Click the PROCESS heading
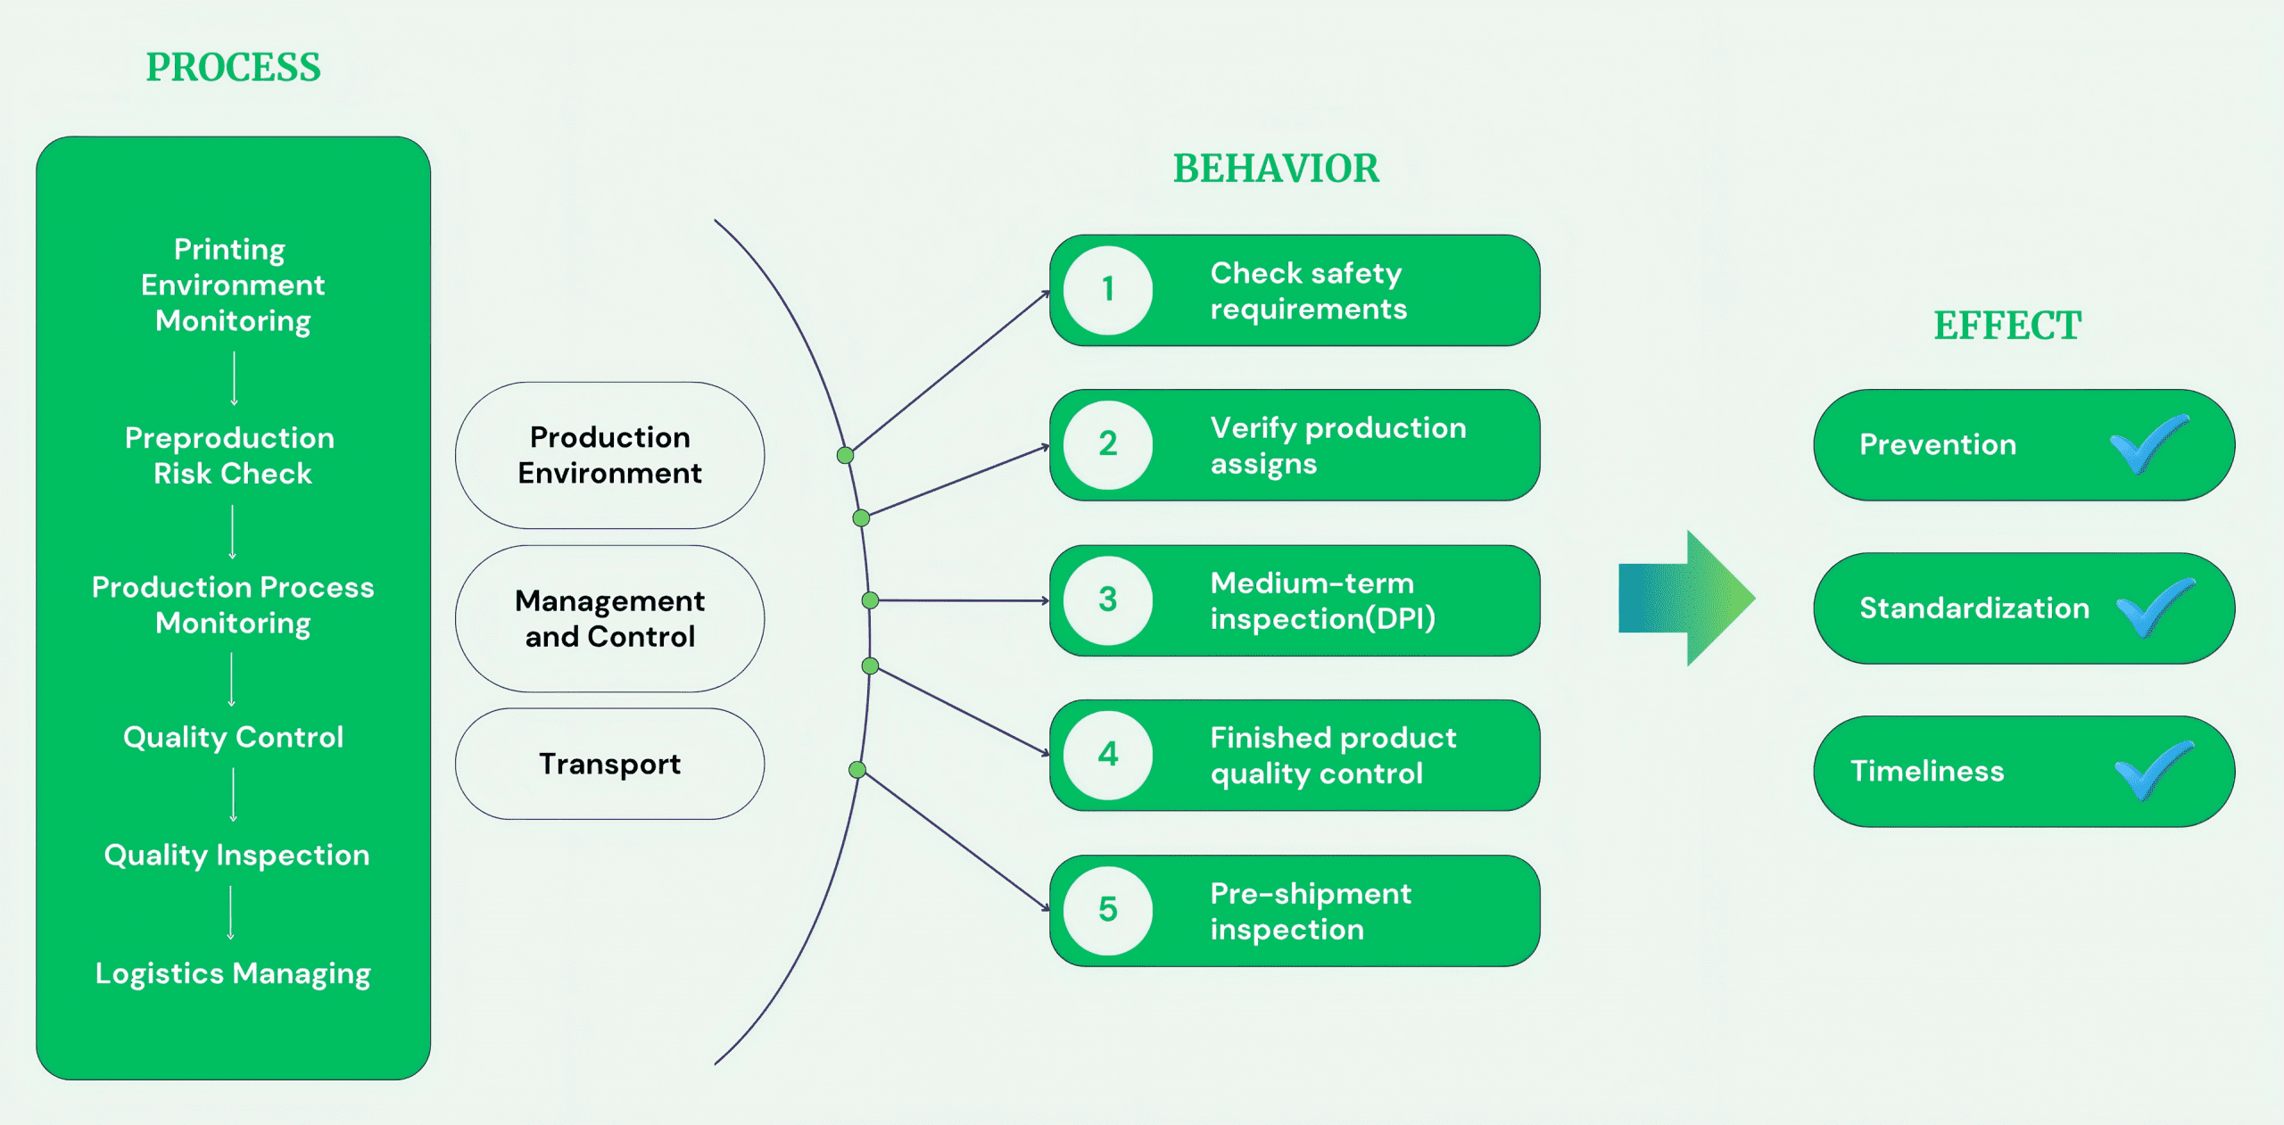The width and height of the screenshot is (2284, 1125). click(233, 68)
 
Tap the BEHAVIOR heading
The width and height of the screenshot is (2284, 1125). click(1276, 169)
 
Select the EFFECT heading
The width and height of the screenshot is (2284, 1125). click(2007, 326)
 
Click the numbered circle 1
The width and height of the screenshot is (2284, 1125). click(1108, 290)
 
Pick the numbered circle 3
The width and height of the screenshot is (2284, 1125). click(1108, 600)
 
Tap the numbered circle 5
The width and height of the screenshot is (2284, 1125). click(1108, 910)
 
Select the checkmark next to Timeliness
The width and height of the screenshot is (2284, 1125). click(2154, 770)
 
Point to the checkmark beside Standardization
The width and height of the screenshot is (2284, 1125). click(2155, 607)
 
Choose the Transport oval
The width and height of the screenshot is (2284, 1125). click(609, 764)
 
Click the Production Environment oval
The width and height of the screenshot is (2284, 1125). click(609, 455)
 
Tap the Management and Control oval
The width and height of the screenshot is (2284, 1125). click(609, 618)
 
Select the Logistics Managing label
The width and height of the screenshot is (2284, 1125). click(233, 973)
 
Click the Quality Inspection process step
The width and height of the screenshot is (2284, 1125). click(236, 855)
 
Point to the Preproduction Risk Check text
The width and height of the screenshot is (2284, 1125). click(231, 455)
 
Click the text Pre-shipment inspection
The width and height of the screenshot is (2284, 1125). click(1310, 911)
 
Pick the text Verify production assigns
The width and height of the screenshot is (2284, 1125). click(1337, 445)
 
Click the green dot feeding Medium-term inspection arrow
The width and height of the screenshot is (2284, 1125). click(870, 600)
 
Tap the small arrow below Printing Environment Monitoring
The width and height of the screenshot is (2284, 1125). click(234, 378)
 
